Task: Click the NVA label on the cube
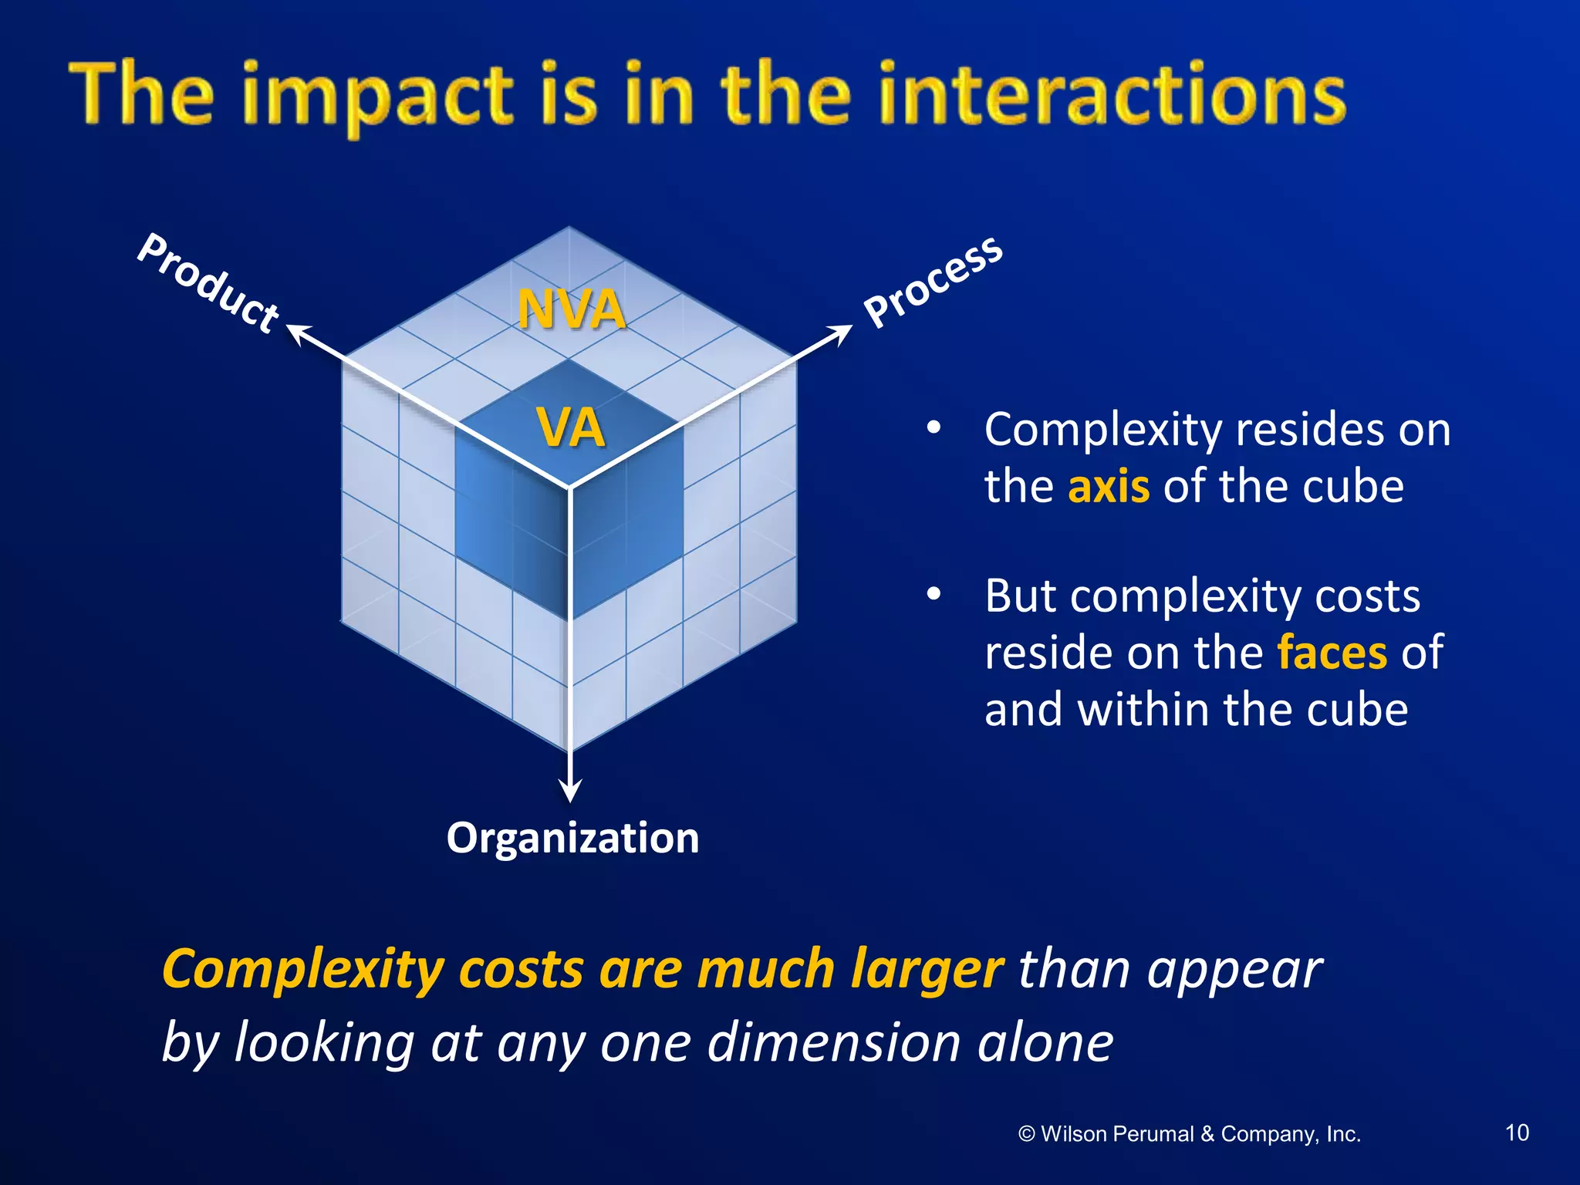pos(571,309)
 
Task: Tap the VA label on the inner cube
pos(571,427)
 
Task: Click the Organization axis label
pos(572,838)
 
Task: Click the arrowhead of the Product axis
pos(296,333)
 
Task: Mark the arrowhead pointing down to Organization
pos(570,791)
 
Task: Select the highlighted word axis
pos(1108,487)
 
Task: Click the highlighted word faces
pos(1332,653)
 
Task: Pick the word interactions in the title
pos(1111,96)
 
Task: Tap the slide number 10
pos(1517,1133)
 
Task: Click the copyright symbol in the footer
pos(1026,1134)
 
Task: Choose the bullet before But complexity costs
pos(933,595)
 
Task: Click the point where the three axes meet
pos(570,487)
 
